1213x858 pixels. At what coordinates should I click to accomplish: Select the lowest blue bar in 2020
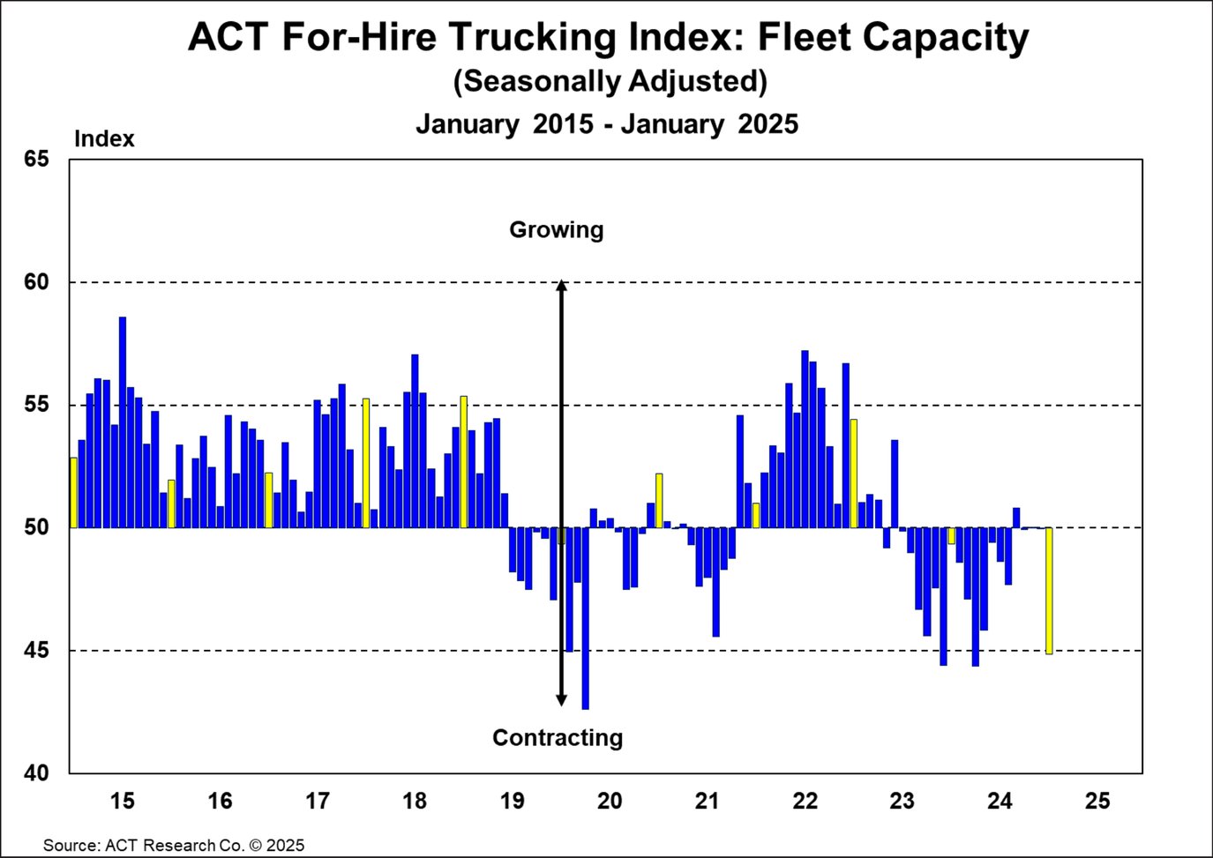click(x=585, y=617)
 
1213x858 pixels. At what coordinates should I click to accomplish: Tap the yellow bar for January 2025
click(x=1049, y=591)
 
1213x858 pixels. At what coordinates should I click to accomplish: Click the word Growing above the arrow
click(x=556, y=230)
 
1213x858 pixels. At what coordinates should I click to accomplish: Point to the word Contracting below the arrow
click(x=557, y=738)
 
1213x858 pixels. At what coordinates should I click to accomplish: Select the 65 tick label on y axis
click(x=36, y=160)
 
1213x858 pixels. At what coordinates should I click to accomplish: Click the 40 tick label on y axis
click(x=36, y=773)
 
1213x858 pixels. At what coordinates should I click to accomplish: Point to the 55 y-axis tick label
click(x=36, y=406)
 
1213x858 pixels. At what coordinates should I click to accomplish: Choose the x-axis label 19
click(x=512, y=802)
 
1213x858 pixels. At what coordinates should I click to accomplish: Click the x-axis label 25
click(x=1097, y=802)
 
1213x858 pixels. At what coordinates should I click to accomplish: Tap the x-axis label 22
click(x=805, y=802)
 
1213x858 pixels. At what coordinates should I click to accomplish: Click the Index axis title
click(x=104, y=139)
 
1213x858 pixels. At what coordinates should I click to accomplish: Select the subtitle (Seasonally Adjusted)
click(x=610, y=81)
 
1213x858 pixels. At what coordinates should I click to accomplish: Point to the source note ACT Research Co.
click(x=174, y=845)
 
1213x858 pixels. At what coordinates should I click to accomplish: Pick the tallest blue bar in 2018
click(x=415, y=441)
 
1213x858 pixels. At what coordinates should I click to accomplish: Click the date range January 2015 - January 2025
click(x=607, y=124)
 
